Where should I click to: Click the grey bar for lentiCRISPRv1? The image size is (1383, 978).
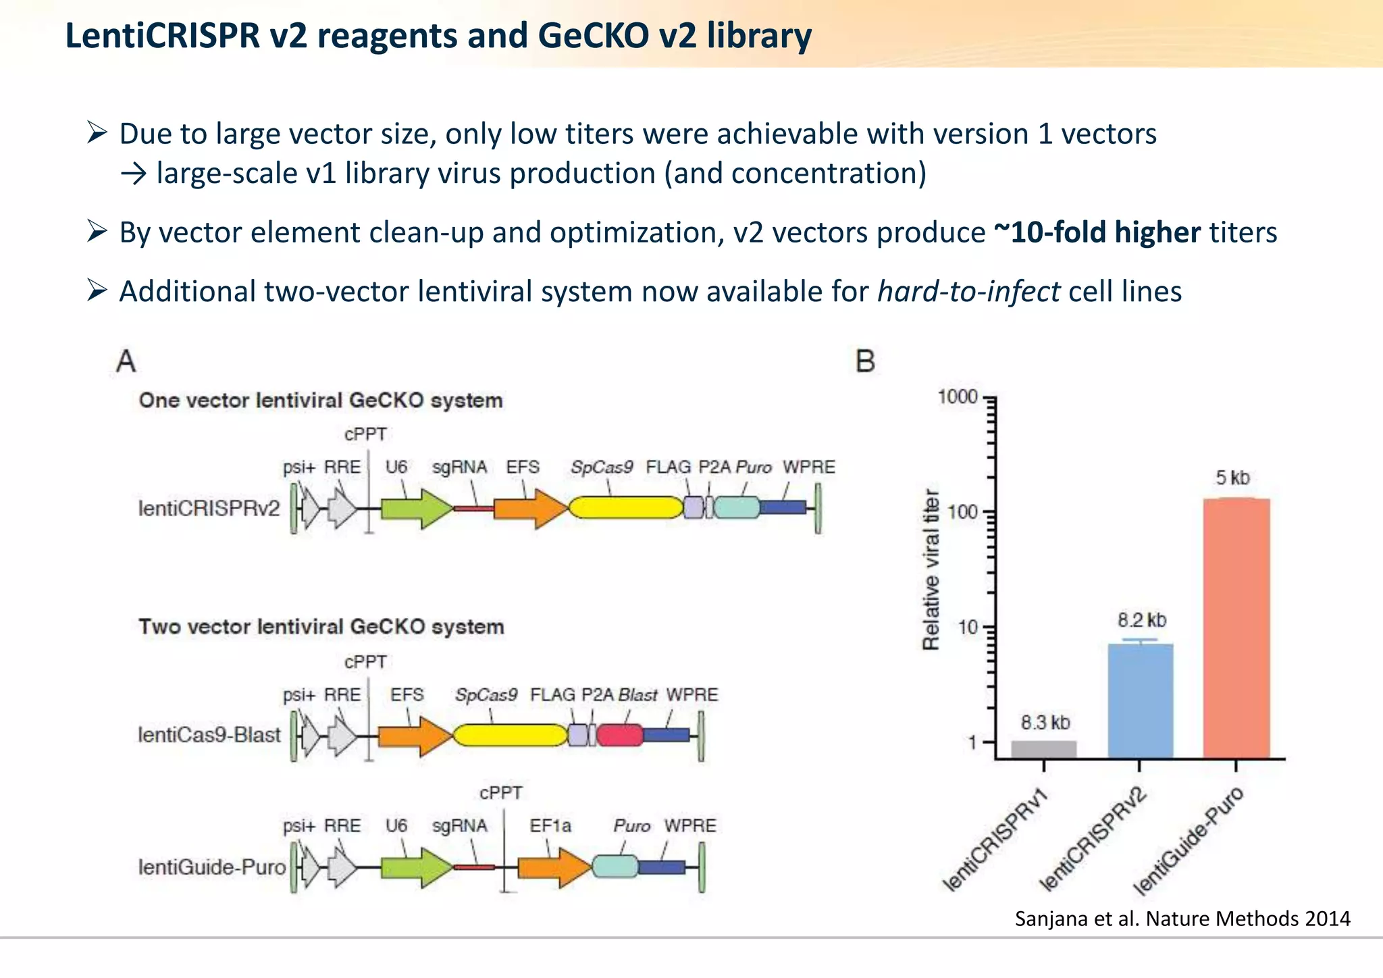(x=1043, y=750)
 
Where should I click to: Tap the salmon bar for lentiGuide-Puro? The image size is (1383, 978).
(x=1236, y=628)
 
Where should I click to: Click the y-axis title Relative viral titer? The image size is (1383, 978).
(x=931, y=569)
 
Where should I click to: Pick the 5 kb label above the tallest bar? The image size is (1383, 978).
(x=1232, y=478)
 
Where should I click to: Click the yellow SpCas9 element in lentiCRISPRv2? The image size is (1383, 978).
(x=626, y=508)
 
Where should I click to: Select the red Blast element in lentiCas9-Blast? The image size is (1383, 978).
(x=619, y=735)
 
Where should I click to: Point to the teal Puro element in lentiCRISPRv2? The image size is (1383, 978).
(x=736, y=508)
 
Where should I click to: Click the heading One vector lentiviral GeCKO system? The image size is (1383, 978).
(x=321, y=401)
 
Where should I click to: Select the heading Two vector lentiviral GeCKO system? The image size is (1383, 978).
(x=321, y=627)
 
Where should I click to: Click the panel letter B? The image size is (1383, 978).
(x=865, y=361)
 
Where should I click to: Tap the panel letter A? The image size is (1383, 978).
(x=126, y=361)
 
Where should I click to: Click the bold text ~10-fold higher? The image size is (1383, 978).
(x=1097, y=232)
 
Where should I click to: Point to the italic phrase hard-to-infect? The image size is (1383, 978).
(x=968, y=292)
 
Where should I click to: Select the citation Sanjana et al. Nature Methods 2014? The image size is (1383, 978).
(x=1182, y=919)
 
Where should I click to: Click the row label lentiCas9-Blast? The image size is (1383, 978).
(x=209, y=735)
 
